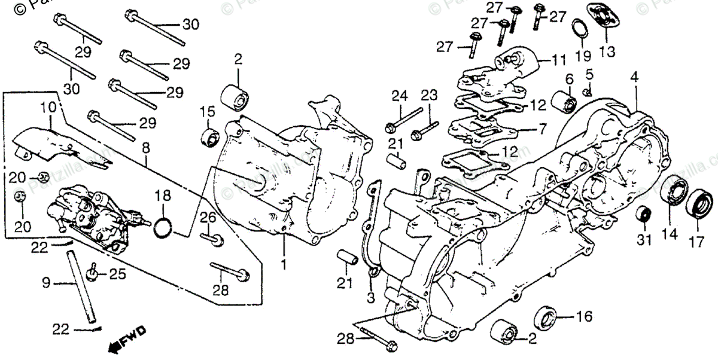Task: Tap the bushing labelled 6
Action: point(563,100)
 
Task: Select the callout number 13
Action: point(607,52)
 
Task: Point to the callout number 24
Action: point(400,95)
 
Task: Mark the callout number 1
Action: point(284,263)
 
